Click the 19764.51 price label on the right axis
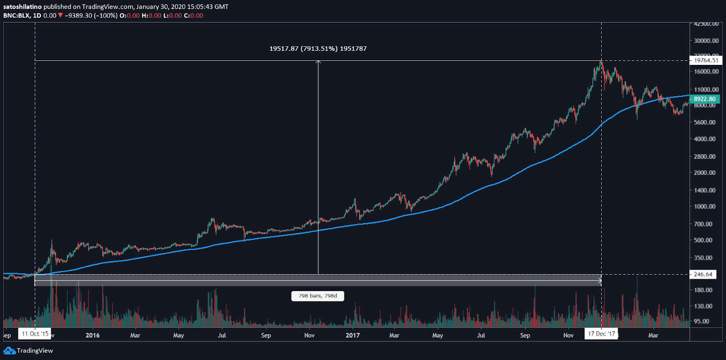click(706, 60)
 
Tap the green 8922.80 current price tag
click(704, 99)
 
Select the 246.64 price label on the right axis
click(703, 274)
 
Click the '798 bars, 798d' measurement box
click(318, 296)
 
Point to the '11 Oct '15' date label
click(35, 334)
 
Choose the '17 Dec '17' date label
click(601, 334)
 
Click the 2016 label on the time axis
click(93, 335)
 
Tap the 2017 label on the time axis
click(353, 335)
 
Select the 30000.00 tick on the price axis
click(706, 41)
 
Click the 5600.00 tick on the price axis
click(704, 122)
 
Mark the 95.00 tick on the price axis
click(701, 321)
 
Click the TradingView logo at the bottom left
click(28, 350)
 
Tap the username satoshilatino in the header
click(22, 7)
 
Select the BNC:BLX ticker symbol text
click(16, 15)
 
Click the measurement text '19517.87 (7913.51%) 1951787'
click(318, 49)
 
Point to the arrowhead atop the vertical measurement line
click(318, 62)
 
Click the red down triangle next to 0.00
click(60, 15)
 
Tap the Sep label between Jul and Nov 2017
click(525, 335)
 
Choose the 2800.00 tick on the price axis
click(704, 156)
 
